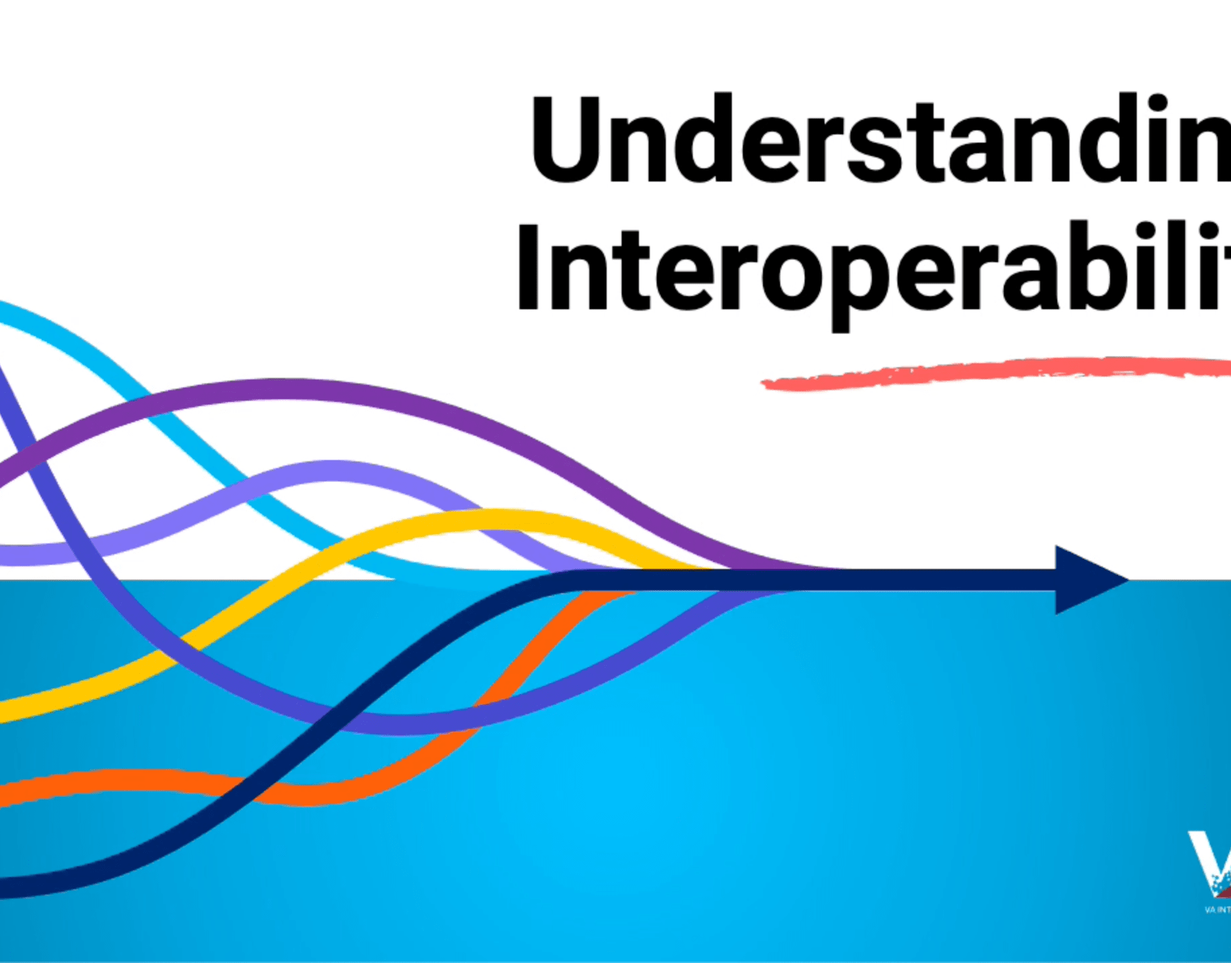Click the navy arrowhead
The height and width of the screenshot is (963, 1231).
[x=1086, y=580]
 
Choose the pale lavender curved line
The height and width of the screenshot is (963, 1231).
[x=330, y=471]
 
